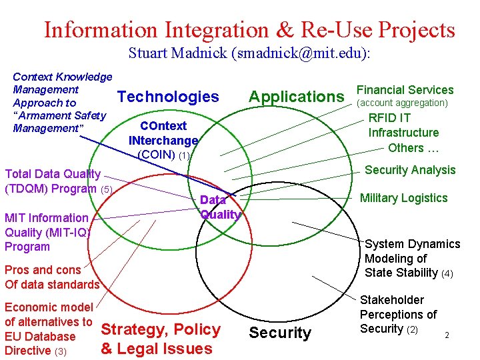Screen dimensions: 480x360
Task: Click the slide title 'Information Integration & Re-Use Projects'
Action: point(249,29)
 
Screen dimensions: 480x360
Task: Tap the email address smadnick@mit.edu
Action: point(299,53)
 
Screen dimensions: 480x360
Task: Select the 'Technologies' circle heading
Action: point(168,97)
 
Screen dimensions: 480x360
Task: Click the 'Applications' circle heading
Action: point(296,97)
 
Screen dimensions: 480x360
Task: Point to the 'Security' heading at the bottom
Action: point(279,333)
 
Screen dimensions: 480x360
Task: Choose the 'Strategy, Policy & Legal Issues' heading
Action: point(160,339)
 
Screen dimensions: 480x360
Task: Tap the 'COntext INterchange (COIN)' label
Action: point(163,140)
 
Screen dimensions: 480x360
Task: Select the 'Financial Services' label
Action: point(405,89)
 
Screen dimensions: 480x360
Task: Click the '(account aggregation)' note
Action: point(403,103)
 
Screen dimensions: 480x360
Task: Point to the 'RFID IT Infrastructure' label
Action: point(403,125)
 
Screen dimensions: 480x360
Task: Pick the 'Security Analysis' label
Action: point(410,169)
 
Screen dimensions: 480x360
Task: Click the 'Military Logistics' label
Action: point(403,197)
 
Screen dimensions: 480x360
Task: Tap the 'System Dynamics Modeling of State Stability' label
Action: point(411,258)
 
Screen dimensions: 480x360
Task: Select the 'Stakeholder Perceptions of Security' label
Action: point(398,314)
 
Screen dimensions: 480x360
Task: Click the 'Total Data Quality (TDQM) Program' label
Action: point(53,181)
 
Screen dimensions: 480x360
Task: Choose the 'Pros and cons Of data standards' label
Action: point(51,277)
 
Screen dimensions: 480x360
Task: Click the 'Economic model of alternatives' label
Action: point(49,329)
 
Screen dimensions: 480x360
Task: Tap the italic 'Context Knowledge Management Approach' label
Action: point(61,102)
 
